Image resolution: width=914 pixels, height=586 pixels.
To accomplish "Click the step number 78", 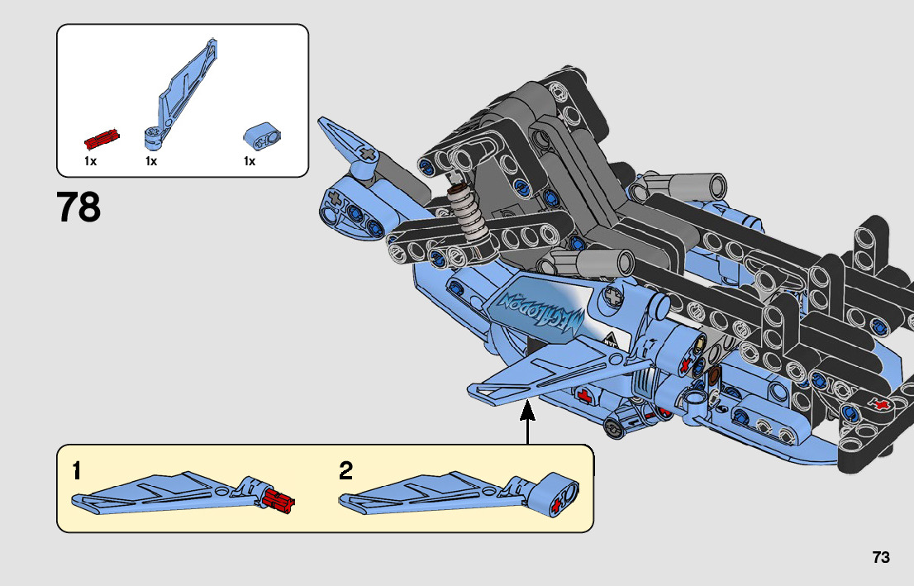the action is (79, 208).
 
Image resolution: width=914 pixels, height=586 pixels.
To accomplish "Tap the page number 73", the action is (880, 558).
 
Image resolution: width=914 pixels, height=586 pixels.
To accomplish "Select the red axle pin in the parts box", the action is (102, 137).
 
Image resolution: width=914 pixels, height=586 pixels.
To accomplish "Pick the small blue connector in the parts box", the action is (262, 136).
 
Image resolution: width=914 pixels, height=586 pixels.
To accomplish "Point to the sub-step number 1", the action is (77, 471).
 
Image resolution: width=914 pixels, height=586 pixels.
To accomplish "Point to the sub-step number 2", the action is (346, 471).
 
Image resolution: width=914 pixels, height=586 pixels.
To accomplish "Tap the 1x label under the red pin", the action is (90, 161).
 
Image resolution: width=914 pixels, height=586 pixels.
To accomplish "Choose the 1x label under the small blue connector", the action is (249, 161).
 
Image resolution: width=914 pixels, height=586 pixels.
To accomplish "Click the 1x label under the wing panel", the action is (151, 161).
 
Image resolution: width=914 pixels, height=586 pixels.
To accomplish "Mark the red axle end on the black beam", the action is (883, 405).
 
